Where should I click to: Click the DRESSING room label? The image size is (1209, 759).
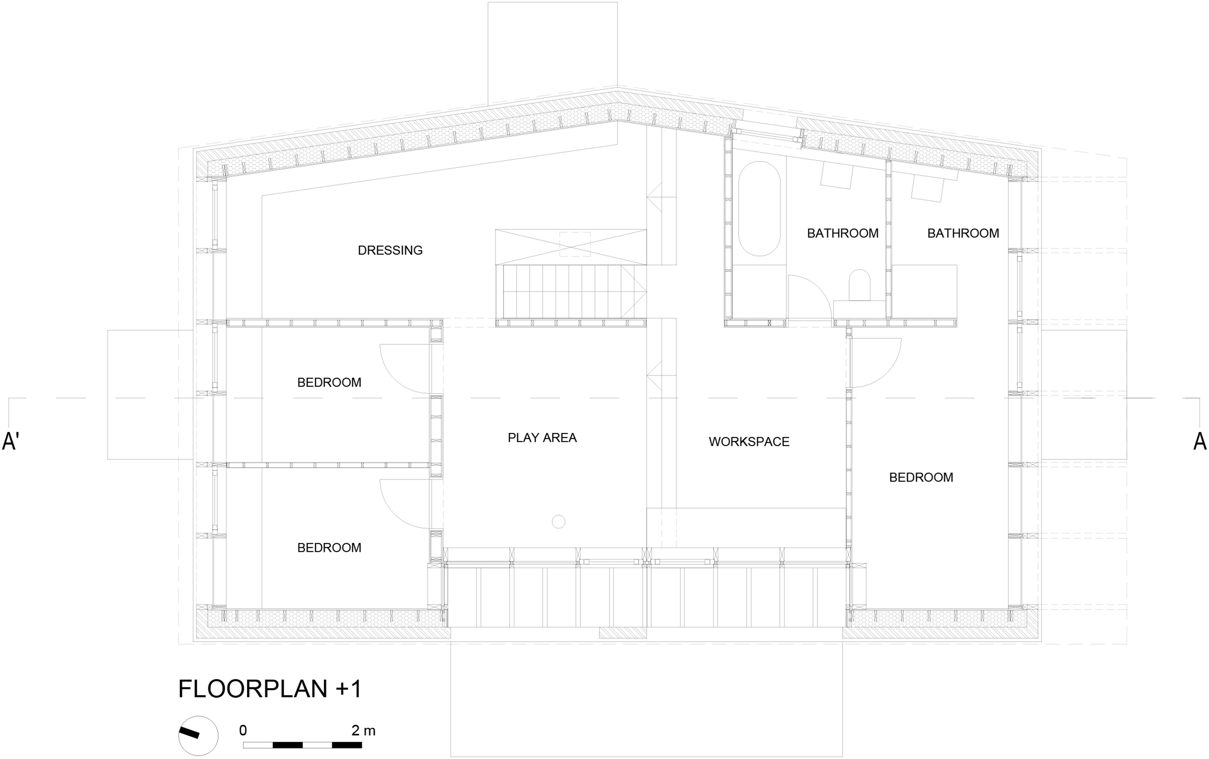(x=390, y=250)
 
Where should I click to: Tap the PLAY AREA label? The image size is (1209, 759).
(x=542, y=438)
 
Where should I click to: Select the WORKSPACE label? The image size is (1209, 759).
(x=749, y=442)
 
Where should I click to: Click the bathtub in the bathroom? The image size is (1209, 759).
(x=759, y=209)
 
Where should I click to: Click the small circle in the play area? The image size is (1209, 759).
(x=558, y=522)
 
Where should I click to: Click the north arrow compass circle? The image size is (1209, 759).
(x=198, y=736)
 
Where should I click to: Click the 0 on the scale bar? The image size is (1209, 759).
(x=243, y=730)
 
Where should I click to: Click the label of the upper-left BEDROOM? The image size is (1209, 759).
(x=329, y=383)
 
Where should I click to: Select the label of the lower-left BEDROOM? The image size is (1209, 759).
(x=329, y=548)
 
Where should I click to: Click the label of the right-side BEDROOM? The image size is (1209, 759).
(x=921, y=477)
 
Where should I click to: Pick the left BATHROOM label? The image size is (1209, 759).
(x=843, y=233)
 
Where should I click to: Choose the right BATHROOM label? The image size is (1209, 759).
(x=963, y=233)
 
